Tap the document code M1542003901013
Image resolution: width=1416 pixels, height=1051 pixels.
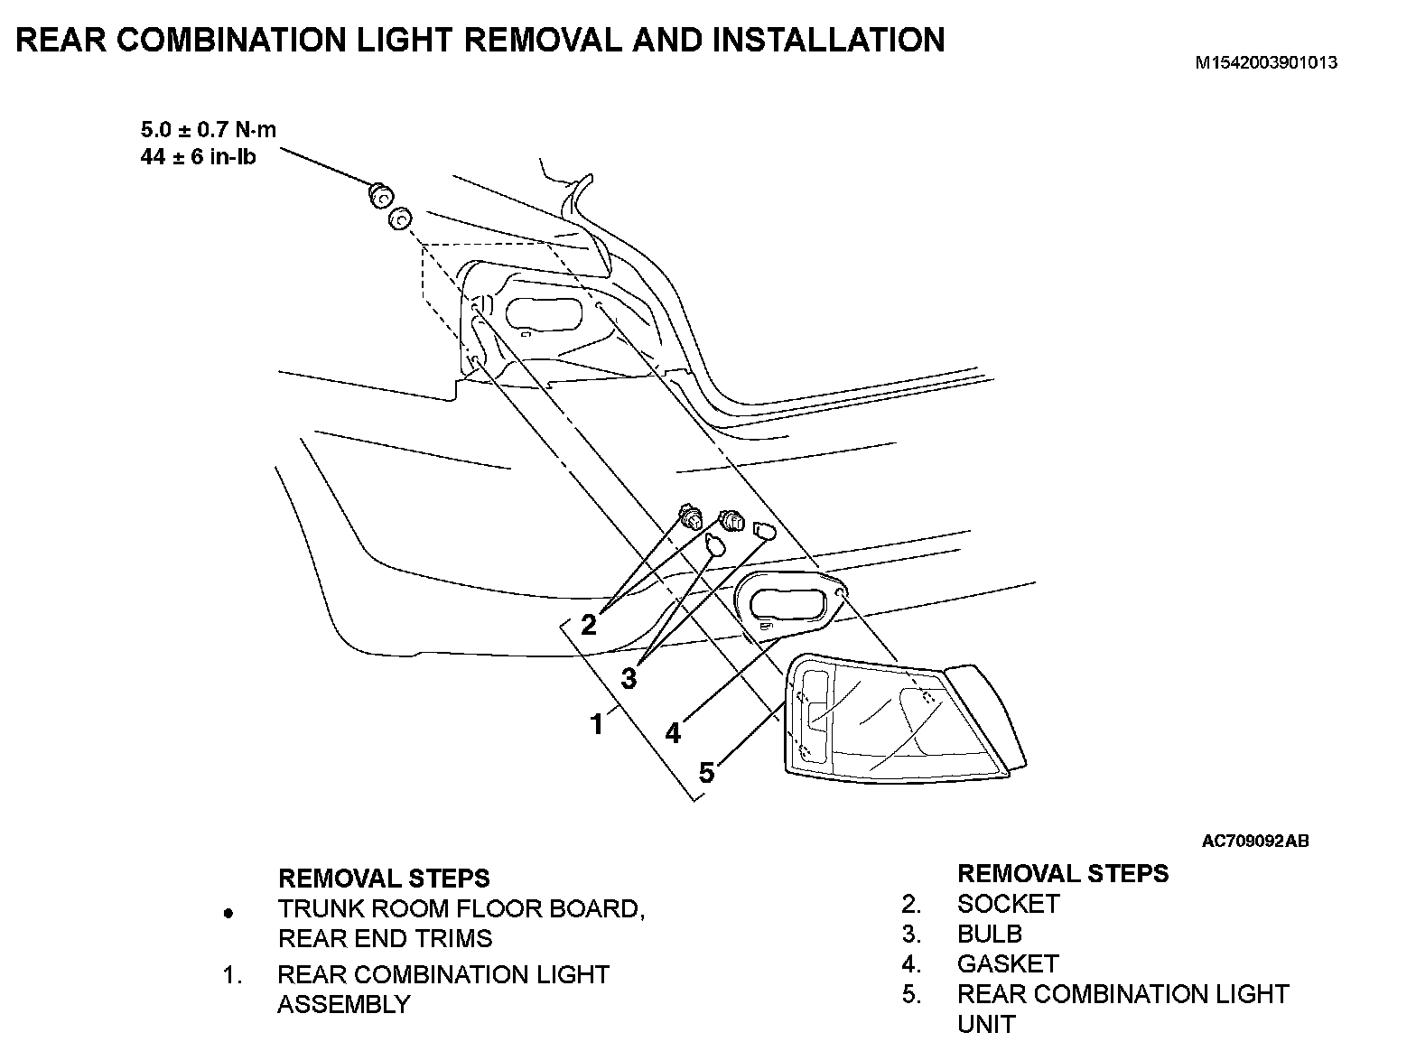coord(1265,63)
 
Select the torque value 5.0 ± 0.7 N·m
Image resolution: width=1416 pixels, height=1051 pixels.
coord(209,129)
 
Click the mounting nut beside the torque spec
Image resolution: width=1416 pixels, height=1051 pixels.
coord(379,194)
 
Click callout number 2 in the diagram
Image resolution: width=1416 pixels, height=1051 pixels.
coord(589,624)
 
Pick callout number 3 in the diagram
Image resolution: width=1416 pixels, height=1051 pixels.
coord(629,677)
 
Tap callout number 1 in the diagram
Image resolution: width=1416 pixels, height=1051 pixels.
coord(596,724)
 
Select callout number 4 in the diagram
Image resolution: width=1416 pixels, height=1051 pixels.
coord(673,733)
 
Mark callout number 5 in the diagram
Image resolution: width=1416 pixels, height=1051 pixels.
coord(707,773)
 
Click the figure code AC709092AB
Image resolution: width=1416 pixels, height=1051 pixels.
coord(1255,842)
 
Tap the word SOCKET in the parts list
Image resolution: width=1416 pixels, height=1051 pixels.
coord(1008,904)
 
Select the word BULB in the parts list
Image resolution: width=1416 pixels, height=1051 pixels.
coord(990,934)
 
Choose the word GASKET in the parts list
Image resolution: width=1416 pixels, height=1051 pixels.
coord(1008,963)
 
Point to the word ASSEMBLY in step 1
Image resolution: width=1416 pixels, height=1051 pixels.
coord(343,1004)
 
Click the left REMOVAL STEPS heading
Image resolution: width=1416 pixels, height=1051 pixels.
coord(384,878)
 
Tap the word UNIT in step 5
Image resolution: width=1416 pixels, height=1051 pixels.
coord(986,1024)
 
